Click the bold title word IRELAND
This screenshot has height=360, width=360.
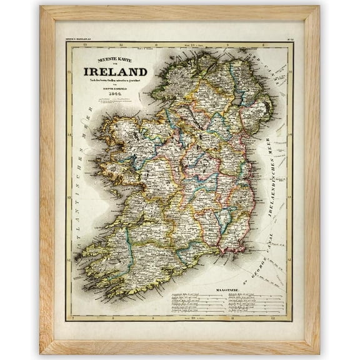[116, 71]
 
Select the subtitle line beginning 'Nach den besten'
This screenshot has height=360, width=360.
[116, 82]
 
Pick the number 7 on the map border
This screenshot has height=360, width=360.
[73, 318]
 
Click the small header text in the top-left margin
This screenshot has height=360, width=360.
[78, 39]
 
